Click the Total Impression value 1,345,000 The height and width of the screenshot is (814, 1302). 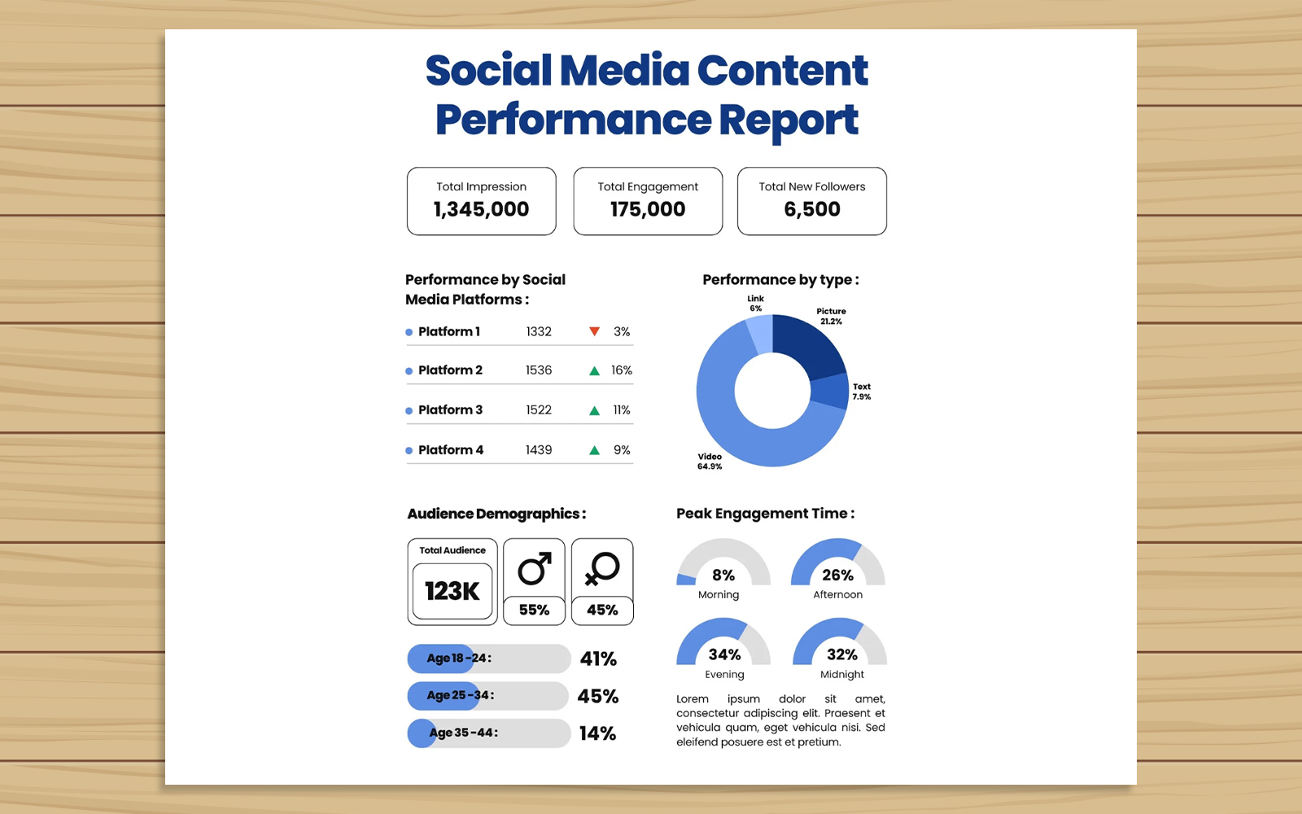click(x=481, y=209)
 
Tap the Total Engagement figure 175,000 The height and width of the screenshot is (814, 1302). click(x=648, y=209)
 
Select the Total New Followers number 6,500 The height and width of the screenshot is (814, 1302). click(x=812, y=209)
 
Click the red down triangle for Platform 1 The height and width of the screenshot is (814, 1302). click(x=595, y=331)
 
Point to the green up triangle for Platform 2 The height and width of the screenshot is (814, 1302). click(x=595, y=370)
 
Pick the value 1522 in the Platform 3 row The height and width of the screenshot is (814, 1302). click(x=539, y=410)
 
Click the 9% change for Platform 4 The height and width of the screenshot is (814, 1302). click(x=622, y=450)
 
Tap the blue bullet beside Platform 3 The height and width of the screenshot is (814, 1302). click(x=409, y=411)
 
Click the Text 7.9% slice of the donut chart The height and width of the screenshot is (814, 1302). click(x=829, y=392)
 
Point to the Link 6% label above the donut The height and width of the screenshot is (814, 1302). click(x=756, y=303)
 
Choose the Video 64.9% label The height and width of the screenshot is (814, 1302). click(x=710, y=462)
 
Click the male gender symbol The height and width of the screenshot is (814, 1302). click(x=535, y=569)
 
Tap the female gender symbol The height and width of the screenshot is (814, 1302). click(x=602, y=569)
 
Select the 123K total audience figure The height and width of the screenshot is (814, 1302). click(x=452, y=591)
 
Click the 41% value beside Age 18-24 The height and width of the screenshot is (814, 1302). click(x=598, y=659)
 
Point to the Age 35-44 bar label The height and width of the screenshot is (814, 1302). click(x=463, y=733)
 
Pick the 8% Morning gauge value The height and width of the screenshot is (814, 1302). click(x=723, y=575)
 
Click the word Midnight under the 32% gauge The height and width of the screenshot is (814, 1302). click(x=842, y=675)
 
